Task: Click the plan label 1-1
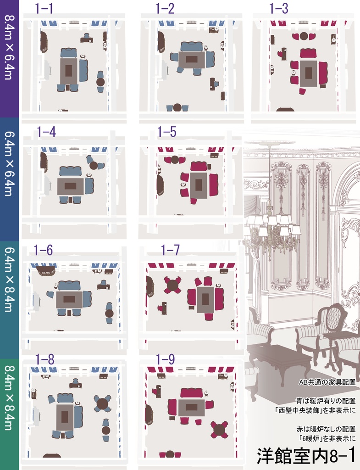44,8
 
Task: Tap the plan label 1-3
278,8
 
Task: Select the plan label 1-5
167,132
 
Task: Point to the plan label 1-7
170,250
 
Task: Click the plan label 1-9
165,359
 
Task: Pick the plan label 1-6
43,250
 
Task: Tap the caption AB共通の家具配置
327,382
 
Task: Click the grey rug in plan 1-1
69,71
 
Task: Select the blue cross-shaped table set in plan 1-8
102,403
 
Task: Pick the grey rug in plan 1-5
198,185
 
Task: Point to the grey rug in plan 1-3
309,73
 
